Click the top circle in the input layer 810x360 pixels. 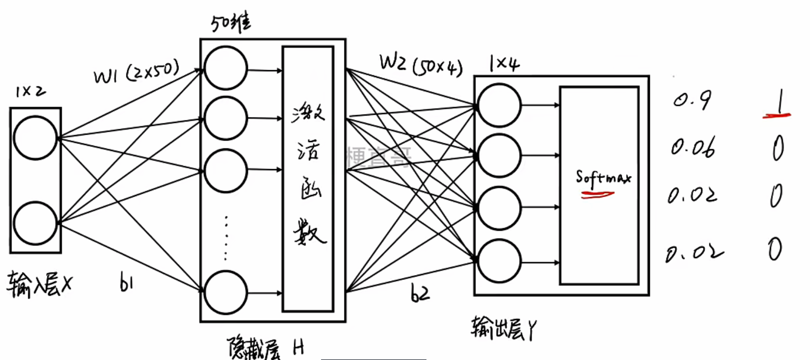[x=35, y=138]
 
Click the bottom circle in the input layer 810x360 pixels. [x=35, y=223]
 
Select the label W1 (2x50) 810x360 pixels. [x=137, y=72]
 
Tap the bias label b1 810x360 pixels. [x=126, y=283]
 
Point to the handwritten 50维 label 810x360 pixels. [x=231, y=22]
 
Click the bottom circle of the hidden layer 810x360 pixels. [x=226, y=293]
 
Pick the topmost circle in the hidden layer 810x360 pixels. [x=226, y=68]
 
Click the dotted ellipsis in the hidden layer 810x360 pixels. [x=225, y=238]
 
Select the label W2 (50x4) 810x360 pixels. [x=421, y=64]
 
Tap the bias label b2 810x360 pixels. [x=420, y=293]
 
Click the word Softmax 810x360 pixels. [x=603, y=177]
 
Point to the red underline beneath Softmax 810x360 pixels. [x=597, y=195]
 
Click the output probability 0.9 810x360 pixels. [x=692, y=100]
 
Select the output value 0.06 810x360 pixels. [x=693, y=147]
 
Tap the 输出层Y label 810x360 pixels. [x=504, y=329]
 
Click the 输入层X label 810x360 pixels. [x=39, y=284]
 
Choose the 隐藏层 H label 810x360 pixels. [x=266, y=348]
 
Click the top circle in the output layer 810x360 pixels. [x=499, y=105]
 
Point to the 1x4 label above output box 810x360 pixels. [x=505, y=63]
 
